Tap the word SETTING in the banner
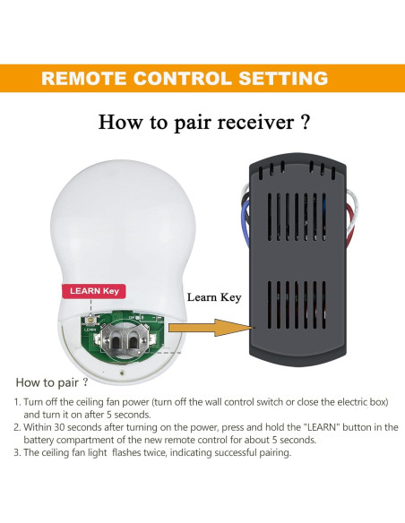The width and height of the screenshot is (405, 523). pyautogui.click(x=282, y=79)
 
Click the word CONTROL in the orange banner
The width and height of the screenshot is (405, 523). pyautogui.click(x=183, y=79)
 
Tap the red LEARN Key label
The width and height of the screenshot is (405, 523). pyautogui.click(x=95, y=291)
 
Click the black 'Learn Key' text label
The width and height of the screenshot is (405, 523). pyautogui.click(x=213, y=296)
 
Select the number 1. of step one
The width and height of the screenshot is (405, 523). pyautogui.click(x=17, y=403)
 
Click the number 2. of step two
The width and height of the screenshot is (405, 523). pyautogui.click(x=17, y=428)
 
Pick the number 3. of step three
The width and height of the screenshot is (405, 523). pyautogui.click(x=17, y=453)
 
